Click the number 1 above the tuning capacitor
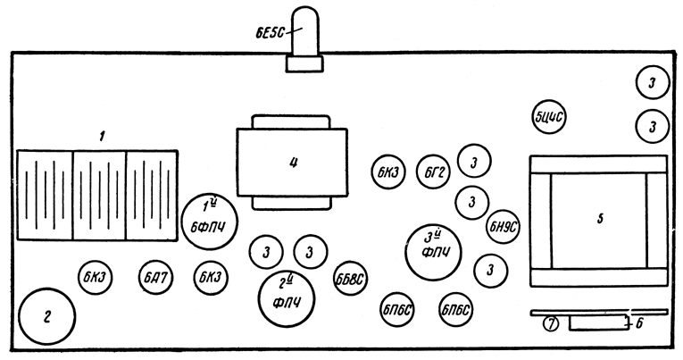[x=103, y=136]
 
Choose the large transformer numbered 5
[x=598, y=221]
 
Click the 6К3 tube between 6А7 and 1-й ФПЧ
[x=211, y=279]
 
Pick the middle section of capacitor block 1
[x=98, y=195]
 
